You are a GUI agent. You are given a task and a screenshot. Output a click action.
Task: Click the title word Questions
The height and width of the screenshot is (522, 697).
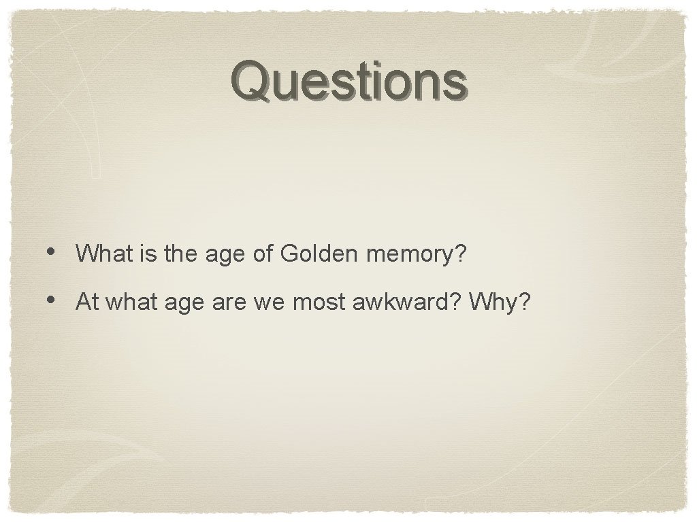[348, 81]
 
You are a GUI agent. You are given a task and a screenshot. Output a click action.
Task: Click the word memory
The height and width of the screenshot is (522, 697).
[410, 256]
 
